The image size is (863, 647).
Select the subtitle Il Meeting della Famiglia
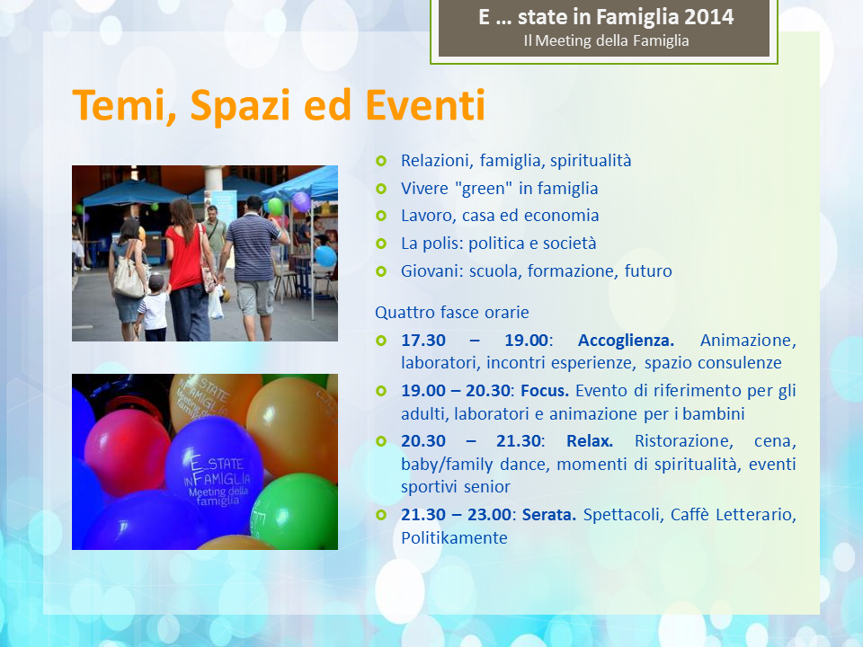point(606,40)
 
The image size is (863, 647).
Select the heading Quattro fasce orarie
point(452,312)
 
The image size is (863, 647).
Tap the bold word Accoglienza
point(626,340)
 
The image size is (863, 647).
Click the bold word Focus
point(545,391)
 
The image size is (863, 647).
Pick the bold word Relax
point(590,440)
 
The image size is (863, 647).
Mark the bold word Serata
point(548,514)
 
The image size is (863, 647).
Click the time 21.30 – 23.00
point(457,514)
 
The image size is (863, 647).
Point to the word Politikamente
point(454,537)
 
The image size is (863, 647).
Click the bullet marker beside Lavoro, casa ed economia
point(381,216)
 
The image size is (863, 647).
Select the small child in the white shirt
point(153,308)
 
